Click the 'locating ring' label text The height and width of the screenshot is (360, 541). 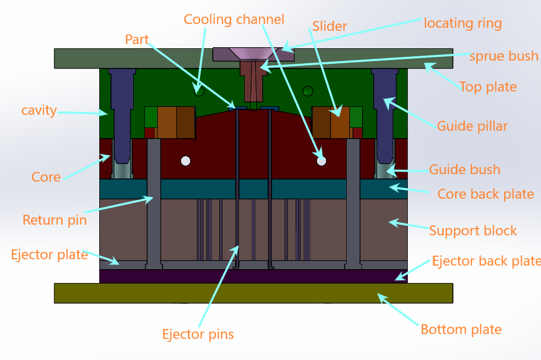click(462, 23)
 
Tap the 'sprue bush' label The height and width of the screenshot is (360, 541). click(503, 56)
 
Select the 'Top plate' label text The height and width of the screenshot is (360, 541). click(487, 87)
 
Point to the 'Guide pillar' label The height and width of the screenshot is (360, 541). click(472, 126)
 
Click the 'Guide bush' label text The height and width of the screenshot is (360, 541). click(465, 170)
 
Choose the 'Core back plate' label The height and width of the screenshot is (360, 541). click(485, 194)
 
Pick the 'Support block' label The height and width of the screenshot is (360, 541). click(473, 231)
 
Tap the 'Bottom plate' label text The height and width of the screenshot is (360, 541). click(461, 330)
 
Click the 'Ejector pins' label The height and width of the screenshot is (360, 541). click(197, 335)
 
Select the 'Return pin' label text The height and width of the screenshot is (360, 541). click(54, 220)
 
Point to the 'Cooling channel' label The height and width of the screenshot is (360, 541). click(234, 20)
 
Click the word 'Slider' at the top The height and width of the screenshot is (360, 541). click(329, 26)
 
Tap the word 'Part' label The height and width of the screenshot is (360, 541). click(137, 40)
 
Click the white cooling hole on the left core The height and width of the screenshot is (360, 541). click(185, 160)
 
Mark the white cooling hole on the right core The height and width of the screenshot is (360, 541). click(321, 160)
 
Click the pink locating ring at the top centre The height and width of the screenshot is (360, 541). click(254, 54)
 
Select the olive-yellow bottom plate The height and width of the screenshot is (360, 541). click(253, 293)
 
